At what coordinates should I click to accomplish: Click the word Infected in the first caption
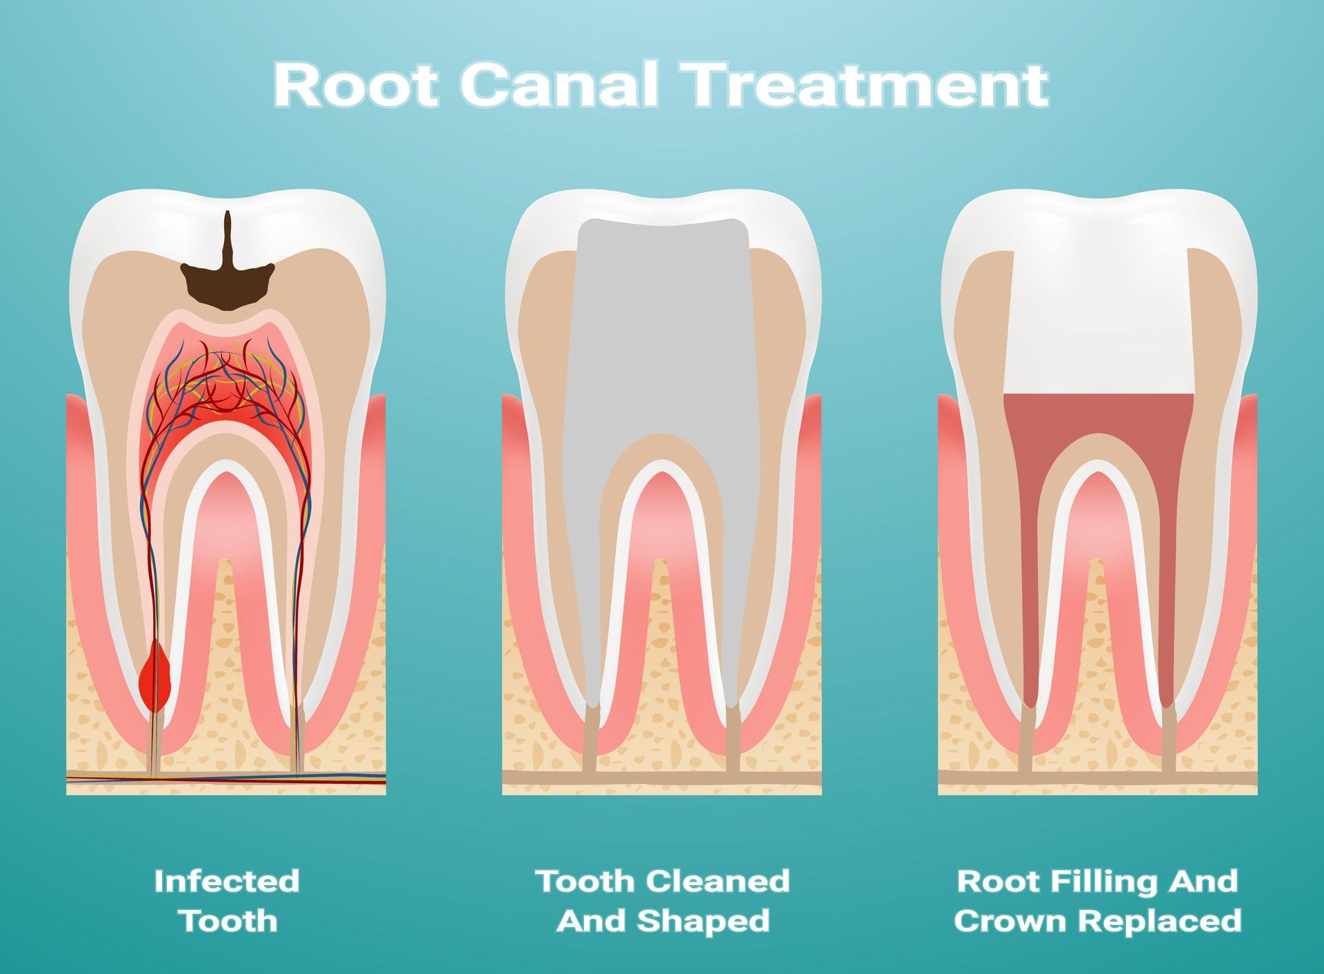pyautogui.click(x=227, y=881)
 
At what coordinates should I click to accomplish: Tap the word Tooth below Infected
pyautogui.click(x=228, y=921)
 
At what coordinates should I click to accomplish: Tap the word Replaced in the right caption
pyautogui.click(x=1160, y=921)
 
